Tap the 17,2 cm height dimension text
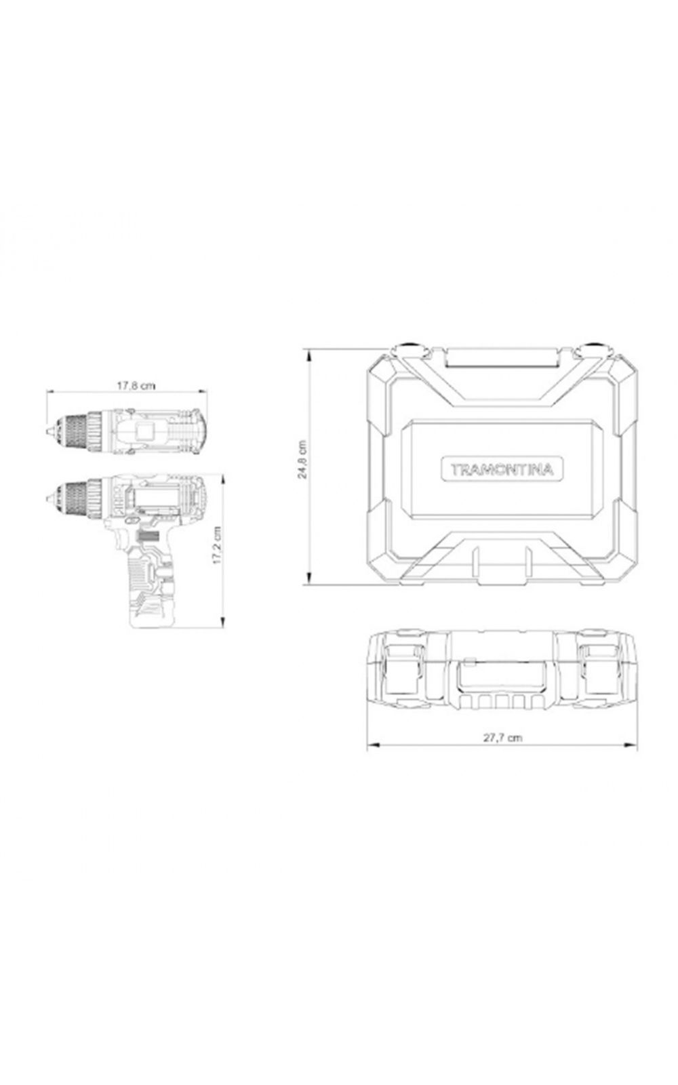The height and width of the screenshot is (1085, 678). (x=217, y=545)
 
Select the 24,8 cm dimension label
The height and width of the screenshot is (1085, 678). (x=302, y=459)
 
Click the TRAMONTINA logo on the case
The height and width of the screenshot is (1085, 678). (x=502, y=469)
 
